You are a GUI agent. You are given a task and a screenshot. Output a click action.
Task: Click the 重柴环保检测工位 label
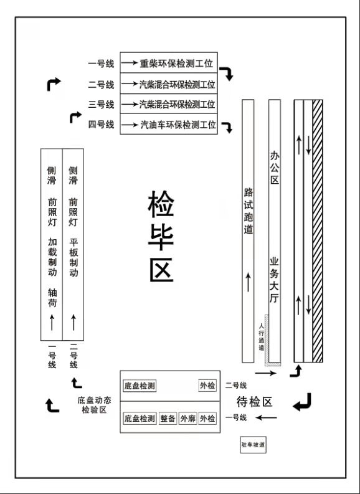[x=176, y=64]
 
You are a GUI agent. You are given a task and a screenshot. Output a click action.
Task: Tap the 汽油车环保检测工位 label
[x=178, y=125]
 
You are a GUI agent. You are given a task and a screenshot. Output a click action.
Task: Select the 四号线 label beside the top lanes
[x=101, y=125]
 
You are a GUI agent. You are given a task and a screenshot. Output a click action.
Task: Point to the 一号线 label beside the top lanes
[x=101, y=64]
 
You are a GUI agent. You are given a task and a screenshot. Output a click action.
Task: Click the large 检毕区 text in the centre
[x=161, y=235]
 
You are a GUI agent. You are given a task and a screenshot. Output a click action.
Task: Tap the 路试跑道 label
[x=248, y=211]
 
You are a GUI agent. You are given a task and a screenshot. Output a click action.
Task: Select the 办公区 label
[x=274, y=168]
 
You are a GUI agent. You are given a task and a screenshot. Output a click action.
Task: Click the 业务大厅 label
[x=274, y=280]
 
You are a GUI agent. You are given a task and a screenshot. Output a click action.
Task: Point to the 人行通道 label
[x=261, y=336]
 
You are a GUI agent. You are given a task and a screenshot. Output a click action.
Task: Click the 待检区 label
[x=254, y=402]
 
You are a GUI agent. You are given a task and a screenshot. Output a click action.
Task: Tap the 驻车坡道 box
[x=253, y=445]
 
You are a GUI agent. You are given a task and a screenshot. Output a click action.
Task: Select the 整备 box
[x=168, y=419]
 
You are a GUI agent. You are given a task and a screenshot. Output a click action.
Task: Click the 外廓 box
[x=187, y=419]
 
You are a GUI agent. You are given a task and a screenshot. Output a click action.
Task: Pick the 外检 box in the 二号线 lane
[x=207, y=386]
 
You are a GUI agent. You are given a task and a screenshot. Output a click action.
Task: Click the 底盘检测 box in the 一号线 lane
[x=140, y=419]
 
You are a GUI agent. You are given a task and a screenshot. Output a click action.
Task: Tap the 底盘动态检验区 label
[x=94, y=405]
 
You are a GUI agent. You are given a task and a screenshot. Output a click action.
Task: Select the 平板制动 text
[x=73, y=257]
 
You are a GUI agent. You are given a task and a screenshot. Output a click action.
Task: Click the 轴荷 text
[x=52, y=297]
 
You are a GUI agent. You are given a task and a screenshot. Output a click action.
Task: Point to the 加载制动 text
[x=52, y=257]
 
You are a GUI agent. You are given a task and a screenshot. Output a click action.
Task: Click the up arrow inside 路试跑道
[x=248, y=282]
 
